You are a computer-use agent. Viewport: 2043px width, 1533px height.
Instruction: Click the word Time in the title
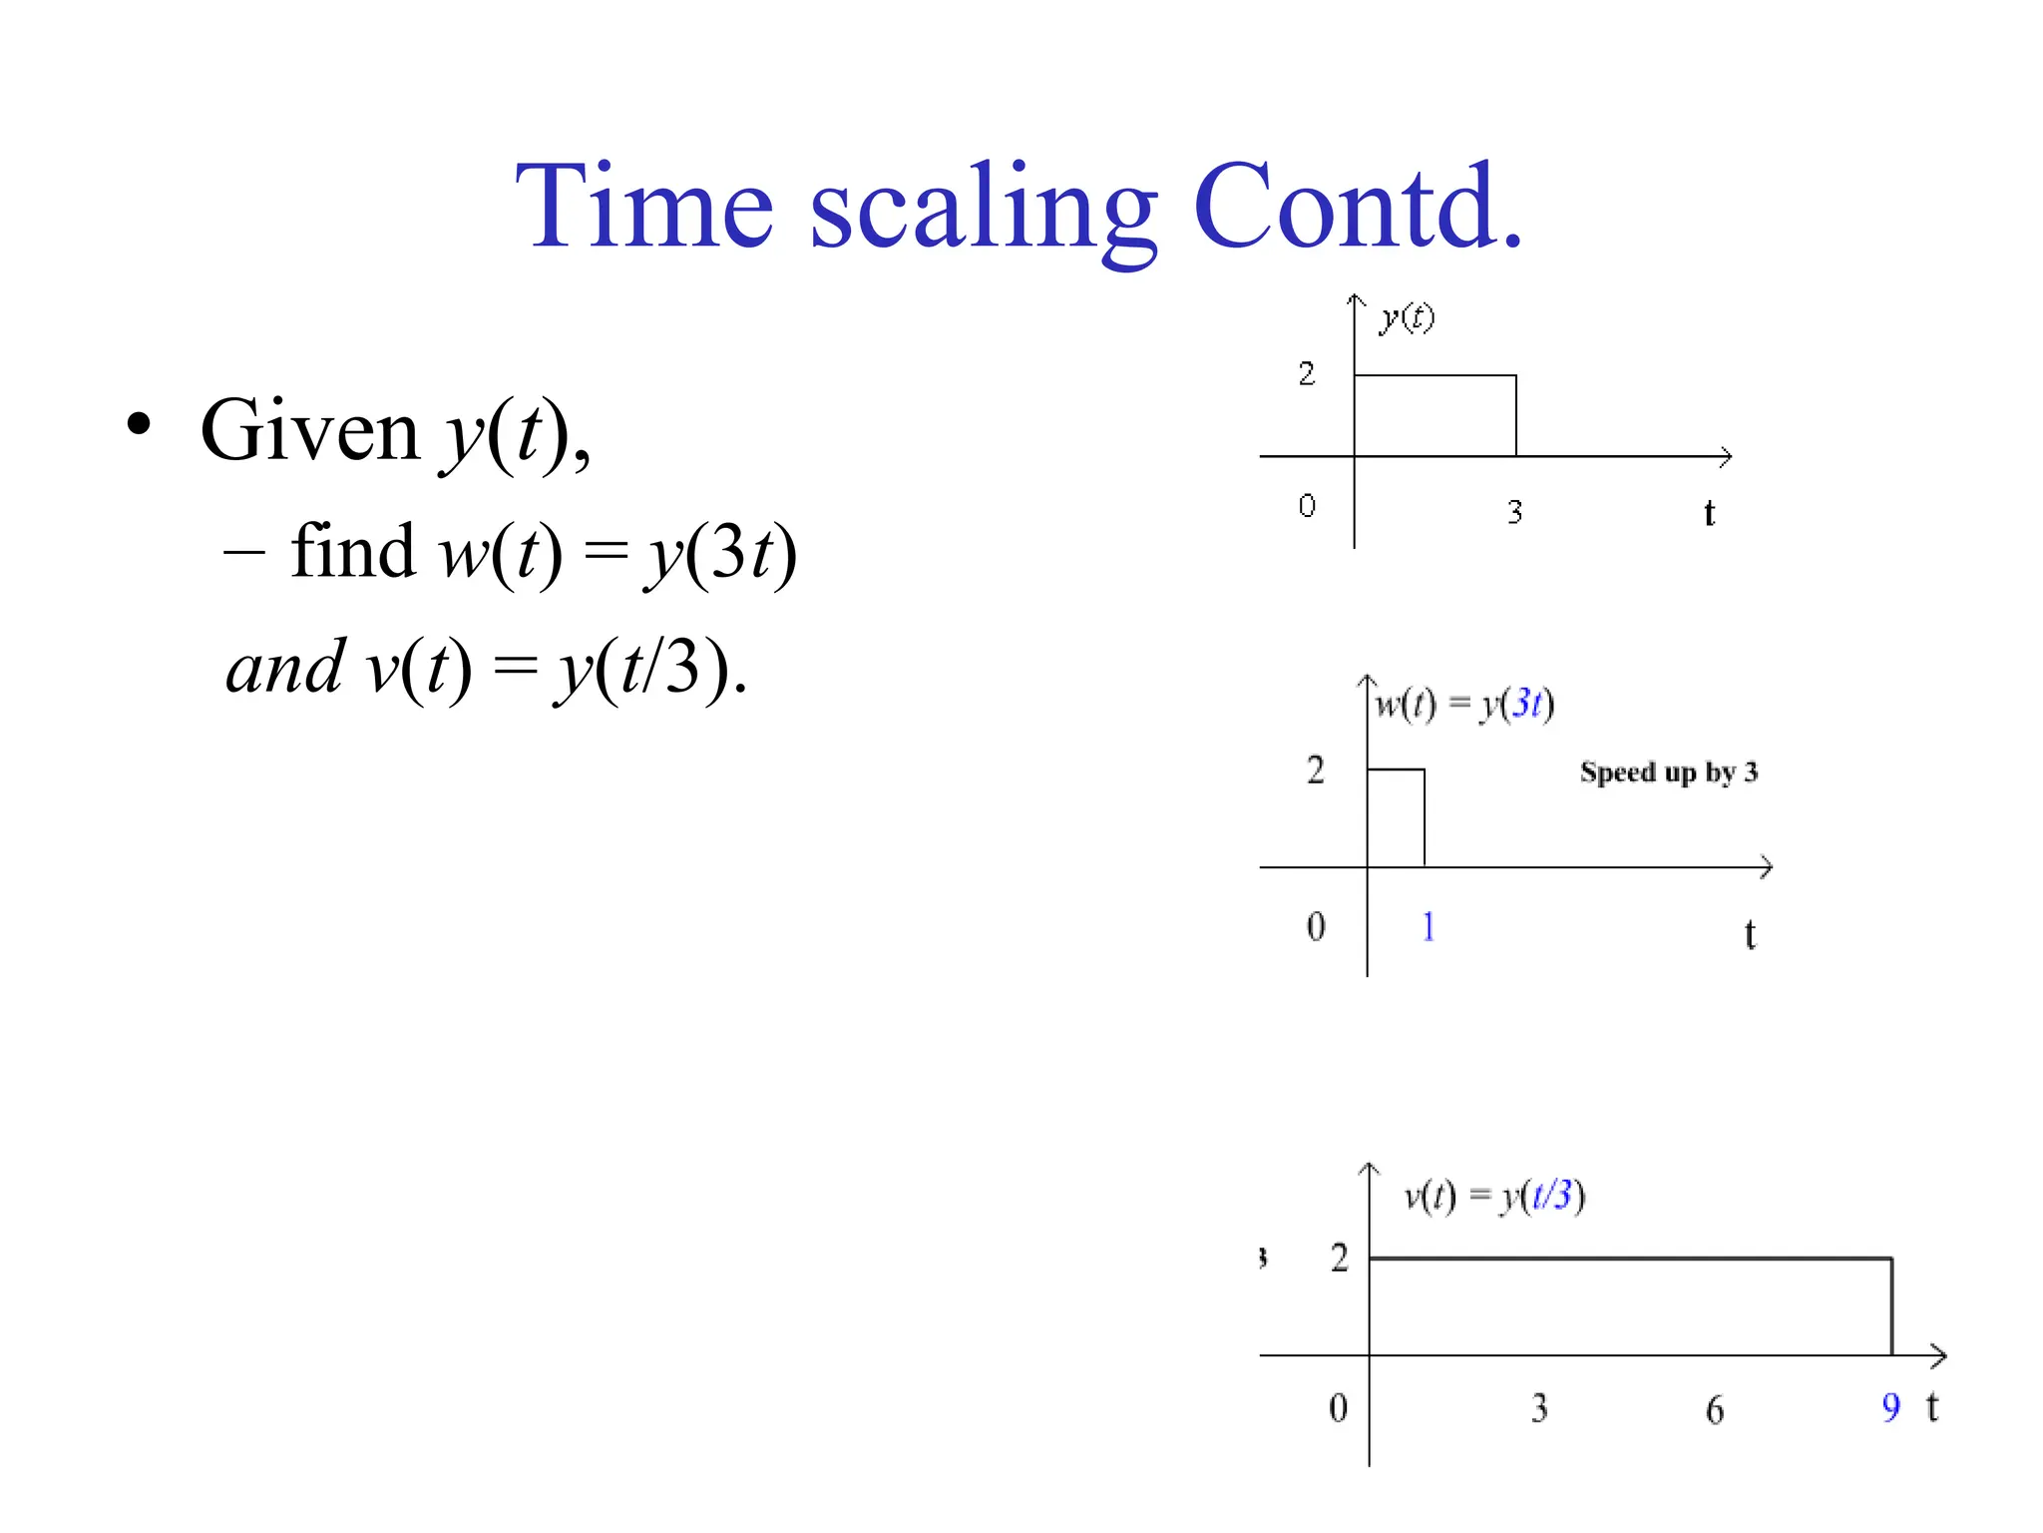[643, 207]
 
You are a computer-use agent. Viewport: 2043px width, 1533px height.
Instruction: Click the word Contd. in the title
[1358, 207]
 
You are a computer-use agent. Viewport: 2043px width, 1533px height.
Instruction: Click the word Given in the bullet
[309, 431]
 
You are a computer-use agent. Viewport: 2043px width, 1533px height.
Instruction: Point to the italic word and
[285, 668]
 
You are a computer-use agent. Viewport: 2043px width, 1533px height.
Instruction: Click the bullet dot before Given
[140, 423]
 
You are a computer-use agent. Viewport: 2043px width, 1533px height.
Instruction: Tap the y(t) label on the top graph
[1407, 318]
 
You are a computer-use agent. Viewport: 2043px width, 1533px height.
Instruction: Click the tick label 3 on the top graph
[1514, 512]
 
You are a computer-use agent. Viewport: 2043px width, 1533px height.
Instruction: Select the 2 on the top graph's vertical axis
[1307, 374]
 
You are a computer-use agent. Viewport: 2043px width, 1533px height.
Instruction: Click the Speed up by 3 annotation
[1668, 772]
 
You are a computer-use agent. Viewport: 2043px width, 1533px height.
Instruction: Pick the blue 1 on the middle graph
[1429, 927]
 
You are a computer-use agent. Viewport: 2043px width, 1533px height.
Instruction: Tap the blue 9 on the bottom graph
[1890, 1407]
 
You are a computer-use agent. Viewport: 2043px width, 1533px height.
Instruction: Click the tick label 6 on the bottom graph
[1714, 1409]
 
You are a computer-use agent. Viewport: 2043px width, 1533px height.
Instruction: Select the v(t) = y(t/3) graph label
[1494, 1195]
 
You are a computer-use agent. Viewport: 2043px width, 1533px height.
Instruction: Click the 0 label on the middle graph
[1316, 927]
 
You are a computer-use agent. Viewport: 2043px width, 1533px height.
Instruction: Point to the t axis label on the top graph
[1709, 513]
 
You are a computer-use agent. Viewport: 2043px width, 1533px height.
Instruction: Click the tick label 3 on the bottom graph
[1539, 1408]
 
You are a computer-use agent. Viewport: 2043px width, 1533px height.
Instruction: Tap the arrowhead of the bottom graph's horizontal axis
[1938, 1355]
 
